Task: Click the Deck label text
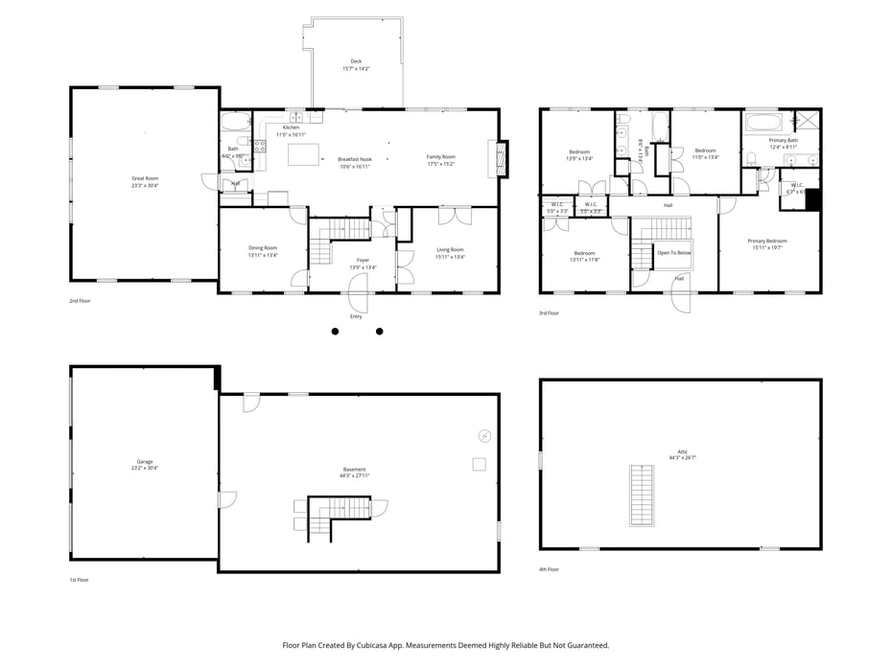356,61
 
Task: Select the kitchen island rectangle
303,154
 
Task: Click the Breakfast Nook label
354,159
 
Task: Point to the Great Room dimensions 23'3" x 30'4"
145,186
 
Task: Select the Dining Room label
263,248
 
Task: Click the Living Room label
450,249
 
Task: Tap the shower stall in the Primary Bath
807,122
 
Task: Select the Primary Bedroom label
767,241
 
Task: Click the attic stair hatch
641,495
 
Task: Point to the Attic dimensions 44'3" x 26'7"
682,458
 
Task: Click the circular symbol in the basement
484,436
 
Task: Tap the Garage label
145,461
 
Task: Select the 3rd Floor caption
549,313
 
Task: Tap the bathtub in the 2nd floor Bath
235,123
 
